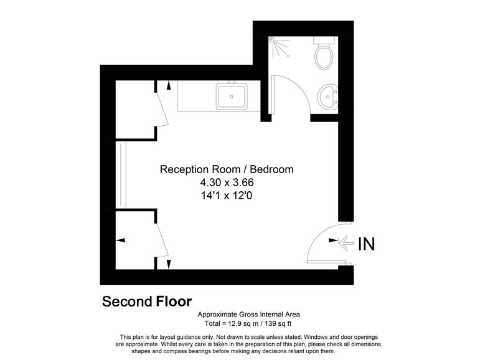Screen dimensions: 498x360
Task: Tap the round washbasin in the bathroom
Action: pos(328,97)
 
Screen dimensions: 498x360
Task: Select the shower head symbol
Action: pos(272,39)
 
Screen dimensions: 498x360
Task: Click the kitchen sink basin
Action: pos(232,97)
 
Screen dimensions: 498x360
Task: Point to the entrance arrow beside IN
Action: pos(346,244)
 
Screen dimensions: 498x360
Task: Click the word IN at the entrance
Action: pos(367,244)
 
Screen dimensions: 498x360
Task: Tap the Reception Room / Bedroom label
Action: pos(227,169)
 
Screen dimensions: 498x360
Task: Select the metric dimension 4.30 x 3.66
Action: pos(227,182)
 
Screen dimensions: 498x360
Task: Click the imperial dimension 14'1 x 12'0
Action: pos(227,196)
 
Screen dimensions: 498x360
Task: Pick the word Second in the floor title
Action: pos(128,301)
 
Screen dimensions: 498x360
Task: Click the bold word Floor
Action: pos(174,301)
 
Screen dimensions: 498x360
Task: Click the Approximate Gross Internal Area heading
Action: pos(248,315)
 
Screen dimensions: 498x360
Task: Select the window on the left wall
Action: pos(121,174)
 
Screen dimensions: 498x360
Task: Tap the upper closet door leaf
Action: pos(162,108)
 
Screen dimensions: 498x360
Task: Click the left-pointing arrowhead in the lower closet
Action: pos(121,240)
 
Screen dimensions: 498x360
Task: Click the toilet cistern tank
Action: pos(324,40)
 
